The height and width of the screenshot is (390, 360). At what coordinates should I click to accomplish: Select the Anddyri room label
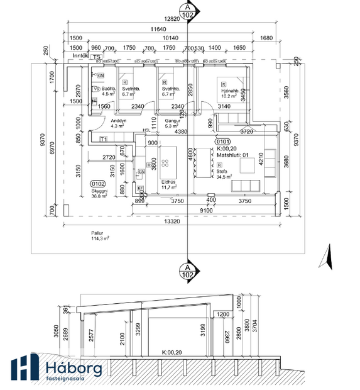point(119,120)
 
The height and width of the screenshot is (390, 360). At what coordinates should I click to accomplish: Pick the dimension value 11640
point(159,30)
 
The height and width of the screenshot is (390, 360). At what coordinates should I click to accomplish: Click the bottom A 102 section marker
point(187,270)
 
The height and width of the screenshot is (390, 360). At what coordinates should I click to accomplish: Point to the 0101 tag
point(224,142)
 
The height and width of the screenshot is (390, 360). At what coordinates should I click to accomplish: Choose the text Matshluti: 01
point(233,155)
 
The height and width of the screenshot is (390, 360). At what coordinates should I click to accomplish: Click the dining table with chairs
point(202,162)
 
